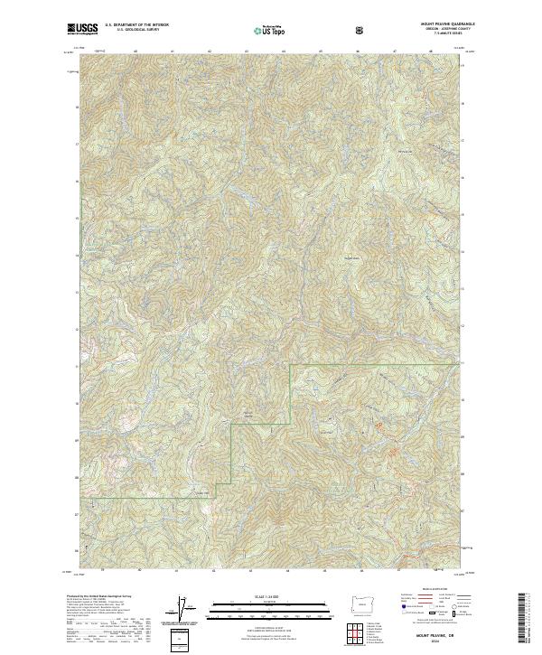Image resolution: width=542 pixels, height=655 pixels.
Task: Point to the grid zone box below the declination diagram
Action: [x=183, y=639]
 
